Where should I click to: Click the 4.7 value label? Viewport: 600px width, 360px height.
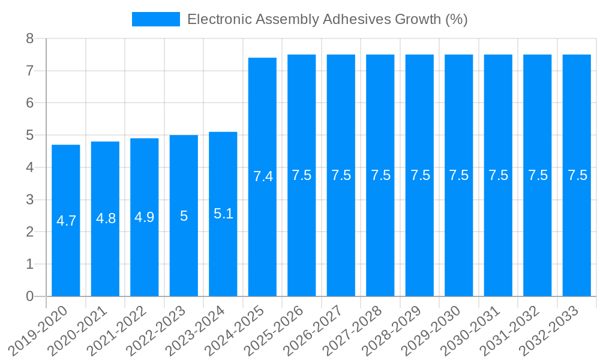pyautogui.click(x=66, y=221)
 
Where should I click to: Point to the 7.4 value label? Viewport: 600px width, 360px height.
pyautogui.click(x=263, y=176)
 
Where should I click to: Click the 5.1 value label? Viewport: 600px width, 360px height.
pyautogui.click(x=223, y=214)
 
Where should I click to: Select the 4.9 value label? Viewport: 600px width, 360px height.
pyautogui.click(x=145, y=217)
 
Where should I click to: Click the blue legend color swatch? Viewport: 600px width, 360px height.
pyautogui.click(x=156, y=19)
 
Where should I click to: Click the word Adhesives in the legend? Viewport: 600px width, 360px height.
pyautogui.click(x=356, y=19)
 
